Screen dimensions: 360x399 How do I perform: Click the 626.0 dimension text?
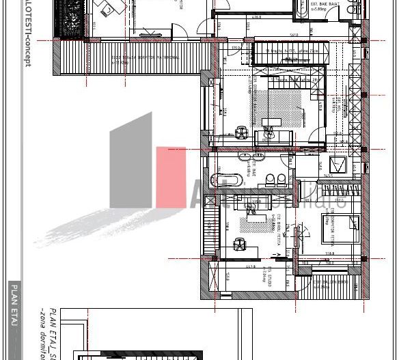pos(257,17)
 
